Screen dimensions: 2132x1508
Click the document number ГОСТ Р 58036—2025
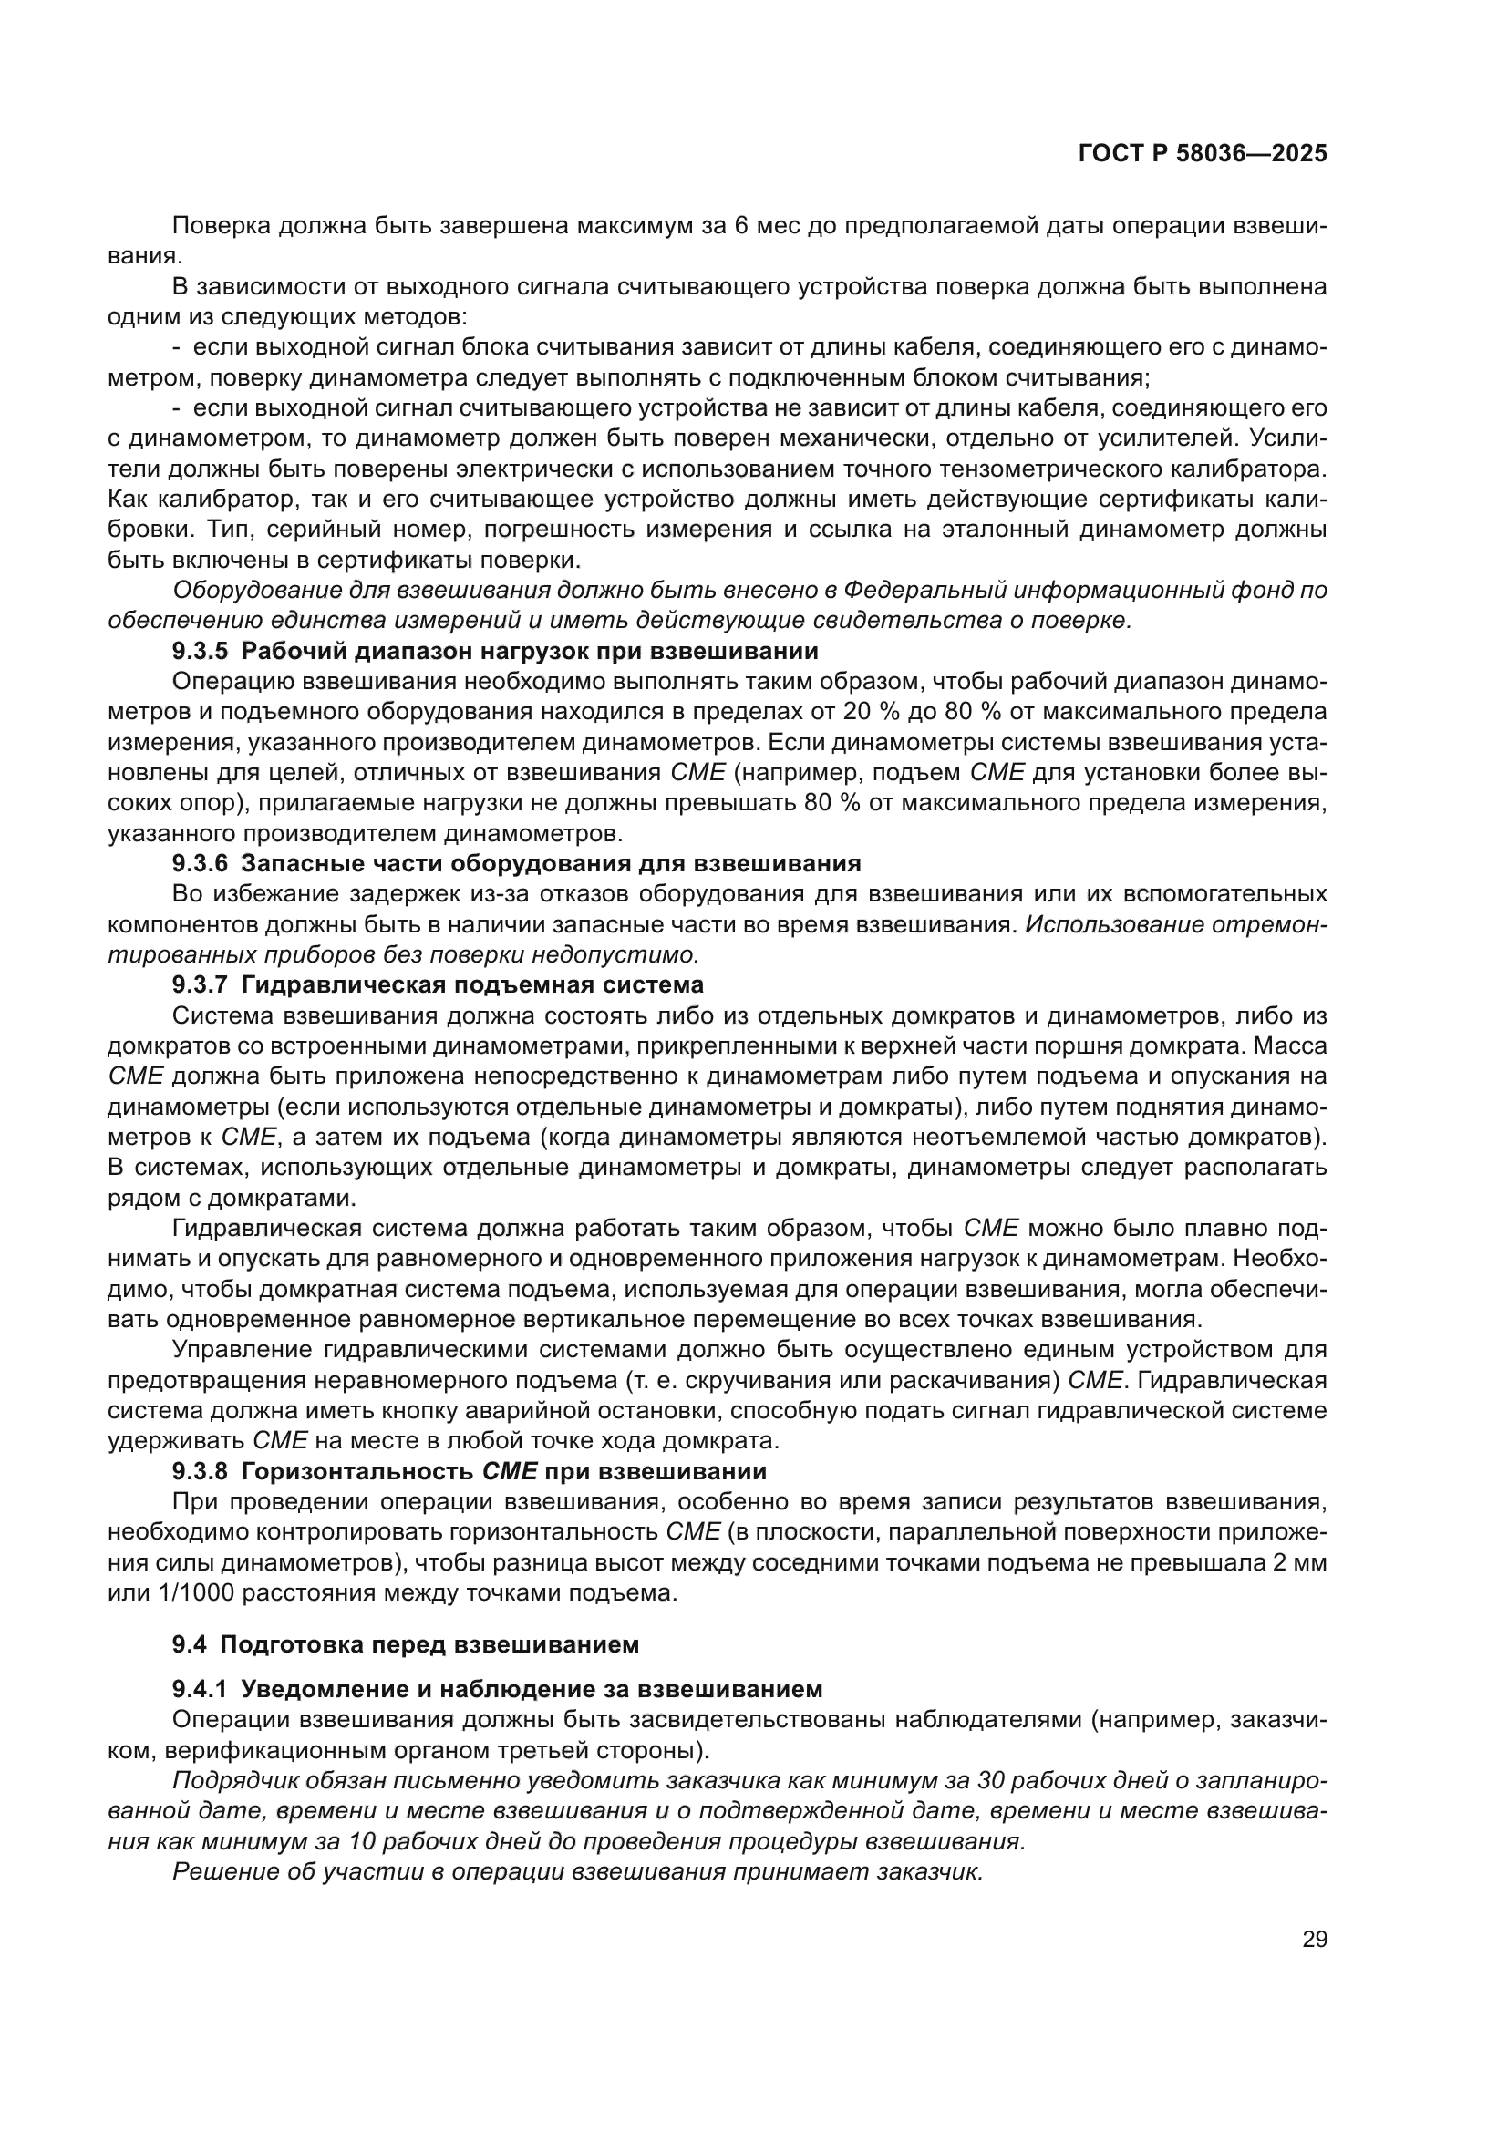pos(1203,154)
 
